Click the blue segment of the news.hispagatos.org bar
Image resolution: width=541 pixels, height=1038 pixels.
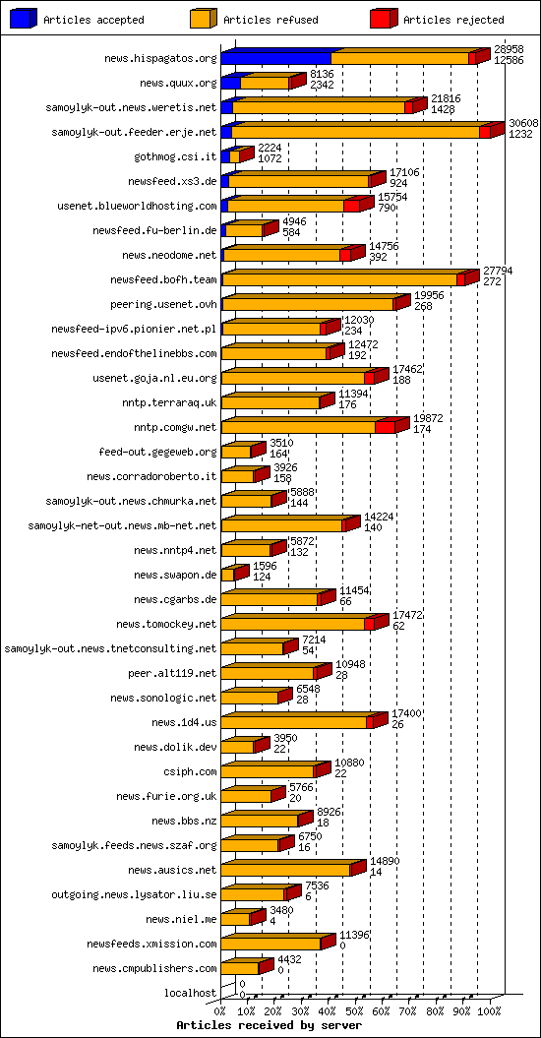coord(275,59)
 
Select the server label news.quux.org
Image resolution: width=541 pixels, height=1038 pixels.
coord(177,84)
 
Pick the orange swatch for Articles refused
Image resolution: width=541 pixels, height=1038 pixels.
coord(203,19)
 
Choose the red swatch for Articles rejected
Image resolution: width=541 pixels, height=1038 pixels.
coord(384,19)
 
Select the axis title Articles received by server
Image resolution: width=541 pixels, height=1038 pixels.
coord(269,1025)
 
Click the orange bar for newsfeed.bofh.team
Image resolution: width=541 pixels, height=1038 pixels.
coord(339,280)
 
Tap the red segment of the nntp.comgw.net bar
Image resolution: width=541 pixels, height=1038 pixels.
coord(386,428)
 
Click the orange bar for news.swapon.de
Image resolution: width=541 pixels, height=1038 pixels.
coord(227,576)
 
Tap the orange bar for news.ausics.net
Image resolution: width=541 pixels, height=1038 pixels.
coord(285,871)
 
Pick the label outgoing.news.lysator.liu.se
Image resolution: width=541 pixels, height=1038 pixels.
coord(134,894)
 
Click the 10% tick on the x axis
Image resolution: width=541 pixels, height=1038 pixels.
coord(247,1010)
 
